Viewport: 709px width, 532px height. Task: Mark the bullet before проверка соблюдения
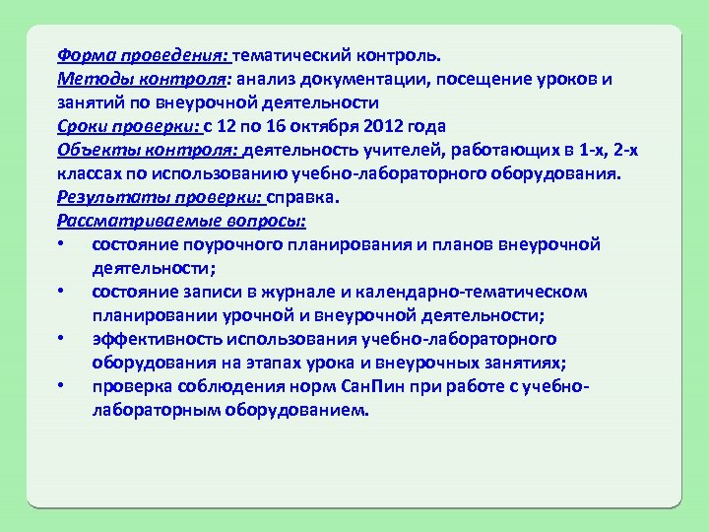click(x=61, y=386)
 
